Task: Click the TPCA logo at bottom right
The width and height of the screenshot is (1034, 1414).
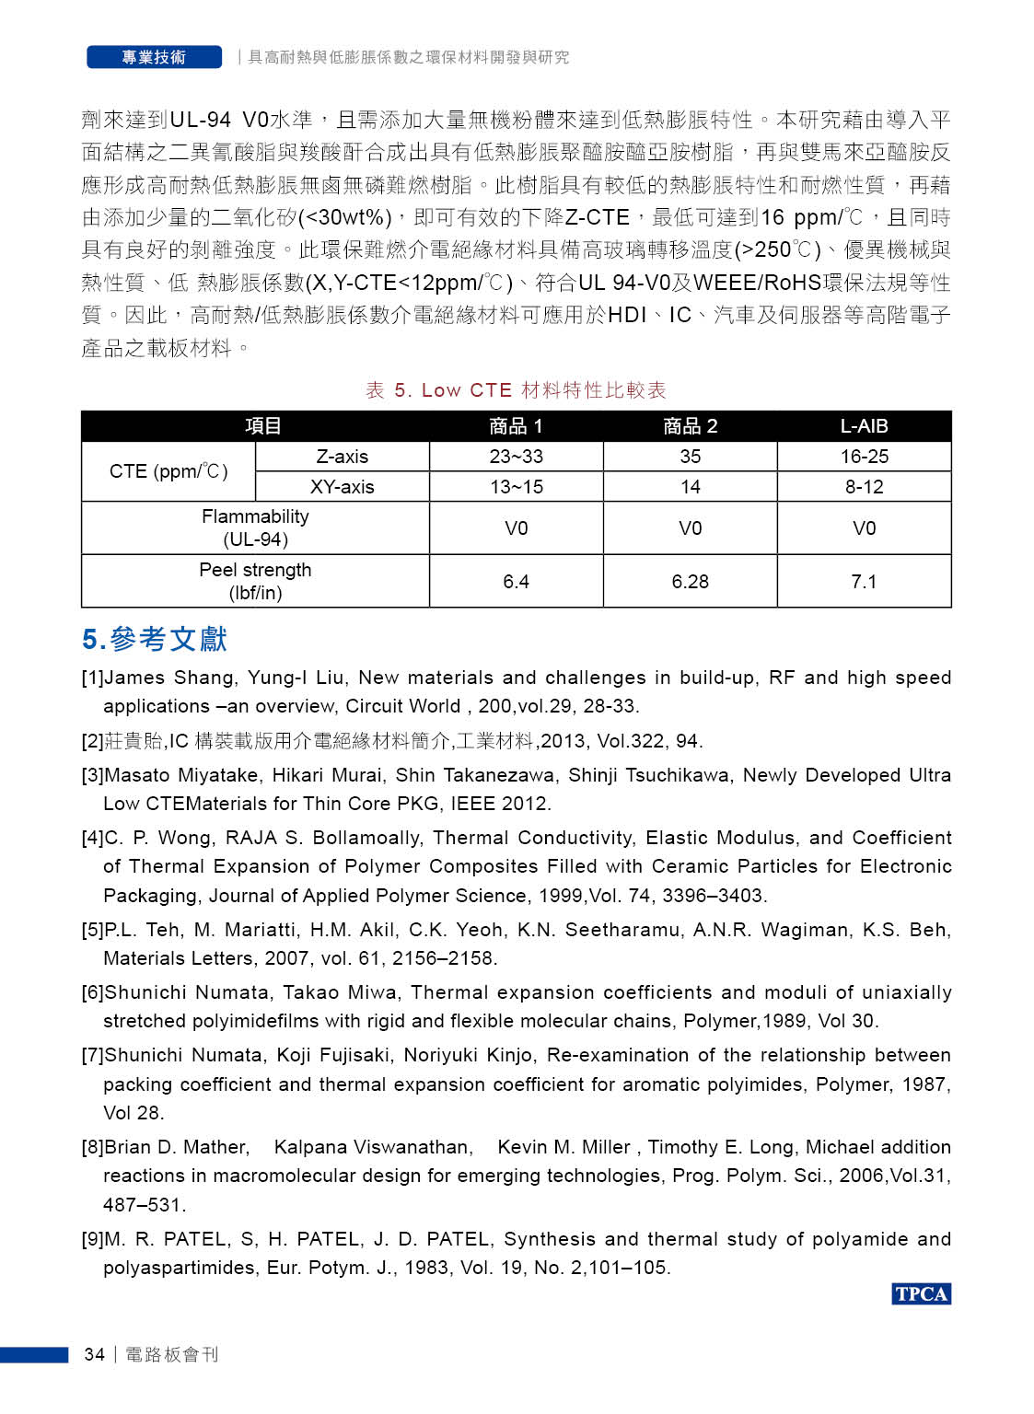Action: pos(921,1293)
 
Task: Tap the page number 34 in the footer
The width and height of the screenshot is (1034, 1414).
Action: pos(94,1354)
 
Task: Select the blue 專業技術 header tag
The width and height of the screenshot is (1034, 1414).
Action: pos(154,57)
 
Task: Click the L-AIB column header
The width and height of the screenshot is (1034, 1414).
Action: pos(864,426)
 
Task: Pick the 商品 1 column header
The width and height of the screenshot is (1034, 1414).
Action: pos(516,426)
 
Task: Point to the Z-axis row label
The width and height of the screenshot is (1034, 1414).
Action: pos(342,457)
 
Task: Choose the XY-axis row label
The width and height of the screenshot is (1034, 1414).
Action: pos(342,487)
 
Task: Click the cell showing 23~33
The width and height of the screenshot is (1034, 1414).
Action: pos(516,457)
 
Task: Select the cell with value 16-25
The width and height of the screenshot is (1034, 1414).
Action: pos(864,457)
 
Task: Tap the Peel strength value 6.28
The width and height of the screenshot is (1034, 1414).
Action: pos(690,582)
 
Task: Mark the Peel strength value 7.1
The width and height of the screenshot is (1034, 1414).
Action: pos(864,582)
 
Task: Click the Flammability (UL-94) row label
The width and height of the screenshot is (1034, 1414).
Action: pos(255,527)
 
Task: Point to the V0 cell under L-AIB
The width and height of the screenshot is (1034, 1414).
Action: pos(864,528)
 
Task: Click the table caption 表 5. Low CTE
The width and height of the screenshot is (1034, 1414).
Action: pos(516,390)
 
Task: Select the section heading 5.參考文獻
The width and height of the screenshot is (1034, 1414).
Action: pos(155,639)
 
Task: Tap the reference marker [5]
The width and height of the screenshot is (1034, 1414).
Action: pos(92,930)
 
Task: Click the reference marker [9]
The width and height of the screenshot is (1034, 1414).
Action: pos(92,1239)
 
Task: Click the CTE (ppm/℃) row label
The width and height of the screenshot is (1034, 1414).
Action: pos(168,471)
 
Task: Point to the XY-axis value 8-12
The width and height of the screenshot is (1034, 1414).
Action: pos(864,487)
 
